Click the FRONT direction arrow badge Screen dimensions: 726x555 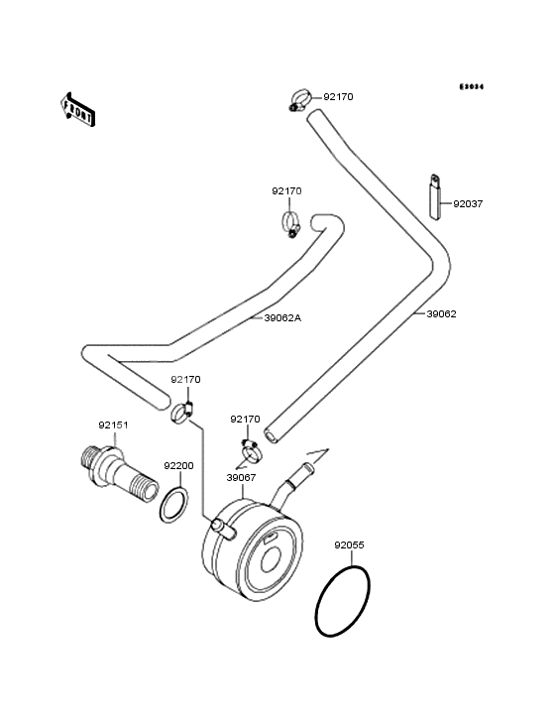[78, 108]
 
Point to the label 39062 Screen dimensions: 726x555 [442, 313]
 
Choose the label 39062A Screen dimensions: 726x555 [282, 318]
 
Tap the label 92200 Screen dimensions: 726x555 [178, 465]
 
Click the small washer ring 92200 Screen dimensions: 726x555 [174, 503]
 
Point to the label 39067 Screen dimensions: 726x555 [241, 477]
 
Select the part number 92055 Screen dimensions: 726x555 [349, 544]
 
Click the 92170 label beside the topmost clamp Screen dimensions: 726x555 [338, 97]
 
